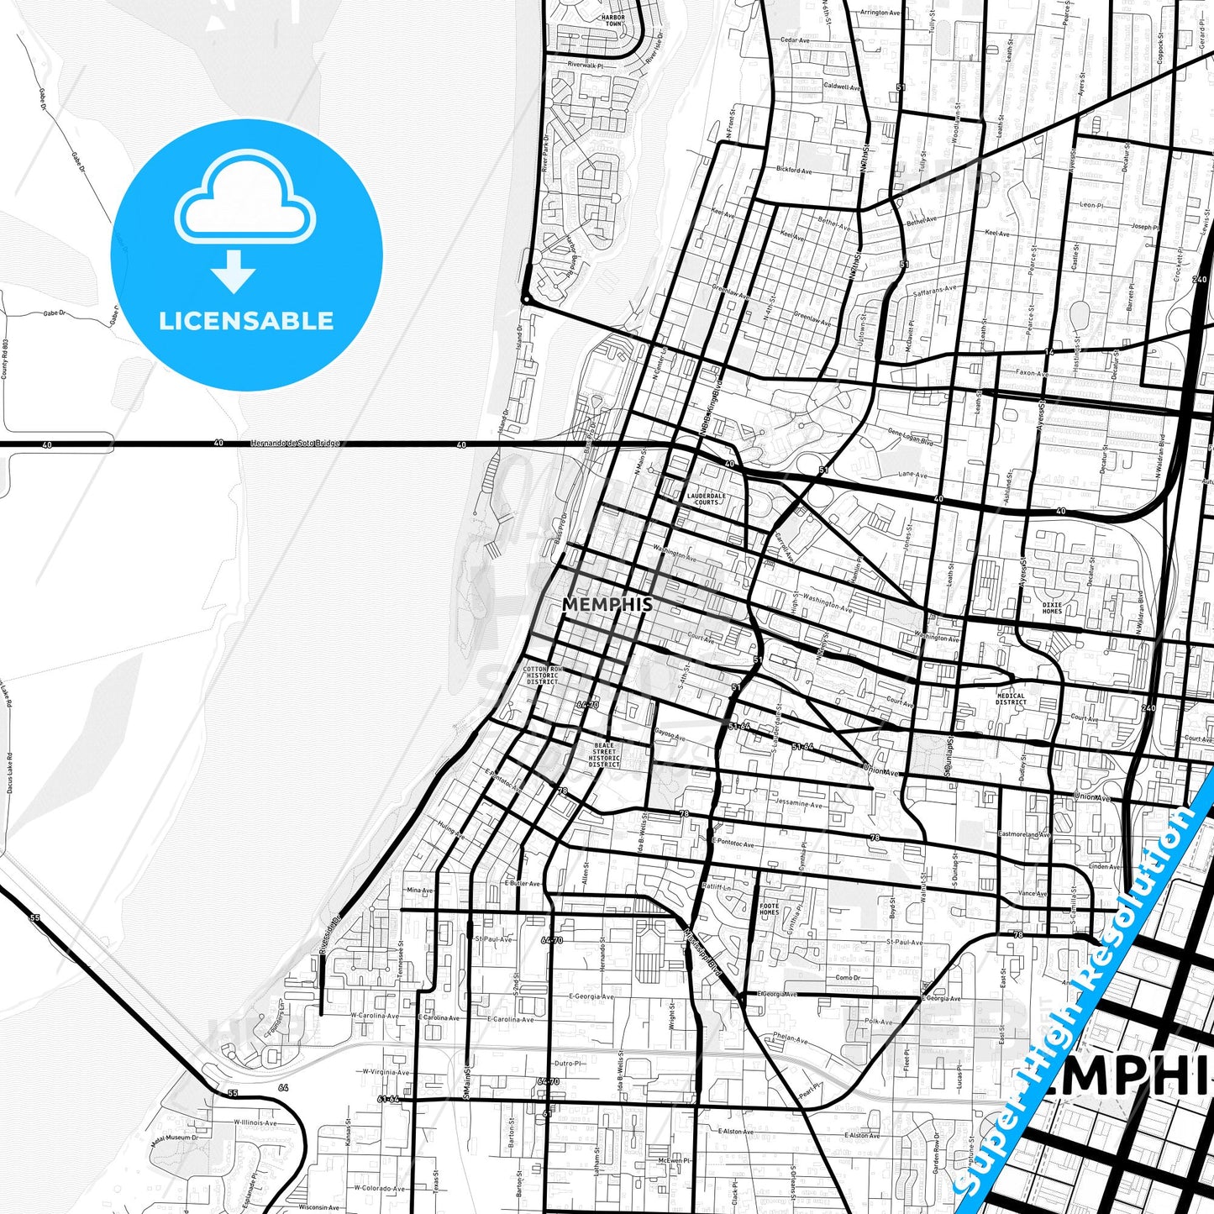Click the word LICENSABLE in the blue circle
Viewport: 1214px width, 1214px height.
pyautogui.click(x=246, y=321)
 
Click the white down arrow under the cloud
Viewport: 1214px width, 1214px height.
pyautogui.click(x=234, y=271)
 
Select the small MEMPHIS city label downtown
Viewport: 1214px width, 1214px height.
pyautogui.click(x=607, y=604)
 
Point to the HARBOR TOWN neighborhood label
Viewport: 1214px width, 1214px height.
pyautogui.click(x=613, y=20)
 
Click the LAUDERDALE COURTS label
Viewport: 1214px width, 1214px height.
pyautogui.click(x=706, y=499)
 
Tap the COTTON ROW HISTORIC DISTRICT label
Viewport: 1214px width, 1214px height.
pyautogui.click(x=542, y=675)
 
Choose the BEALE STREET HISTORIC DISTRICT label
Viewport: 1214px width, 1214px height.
pyautogui.click(x=603, y=754)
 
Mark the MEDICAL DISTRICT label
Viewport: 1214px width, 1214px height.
pyautogui.click(x=1011, y=699)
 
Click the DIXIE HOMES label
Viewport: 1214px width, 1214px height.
pyautogui.click(x=1052, y=607)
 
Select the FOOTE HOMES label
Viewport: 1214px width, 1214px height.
pyautogui.click(x=769, y=908)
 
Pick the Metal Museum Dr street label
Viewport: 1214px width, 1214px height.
pyautogui.click(x=176, y=1137)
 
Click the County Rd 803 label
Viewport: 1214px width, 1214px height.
pyautogui.click(x=4, y=359)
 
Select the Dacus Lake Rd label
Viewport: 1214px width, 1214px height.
pyautogui.click(x=9, y=774)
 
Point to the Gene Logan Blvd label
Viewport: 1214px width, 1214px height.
pyautogui.click(x=910, y=435)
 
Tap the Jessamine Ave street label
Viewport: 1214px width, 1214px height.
pyautogui.click(x=799, y=804)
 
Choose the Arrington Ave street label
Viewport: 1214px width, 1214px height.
pyautogui.click(x=880, y=13)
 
